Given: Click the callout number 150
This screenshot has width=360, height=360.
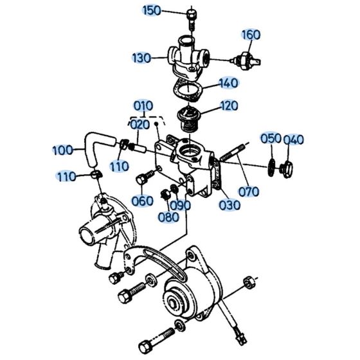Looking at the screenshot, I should [152, 10].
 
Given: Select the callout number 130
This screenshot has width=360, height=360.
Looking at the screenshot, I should [142, 57].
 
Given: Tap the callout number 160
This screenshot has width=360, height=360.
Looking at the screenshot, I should [251, 34].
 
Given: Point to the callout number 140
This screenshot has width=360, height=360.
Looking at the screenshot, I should [230, 83].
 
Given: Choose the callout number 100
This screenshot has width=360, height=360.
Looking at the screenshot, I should [62, 150].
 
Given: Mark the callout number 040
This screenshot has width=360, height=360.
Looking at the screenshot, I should [294, 139].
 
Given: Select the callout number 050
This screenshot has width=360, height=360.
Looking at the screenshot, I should [271, 139].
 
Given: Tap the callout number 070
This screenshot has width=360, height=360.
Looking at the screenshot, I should [249, 191].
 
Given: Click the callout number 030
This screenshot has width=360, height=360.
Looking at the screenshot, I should [229, 205].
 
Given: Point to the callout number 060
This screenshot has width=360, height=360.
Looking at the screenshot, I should [142, 201].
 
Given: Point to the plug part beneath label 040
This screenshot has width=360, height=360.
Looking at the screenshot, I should [287, 168].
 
